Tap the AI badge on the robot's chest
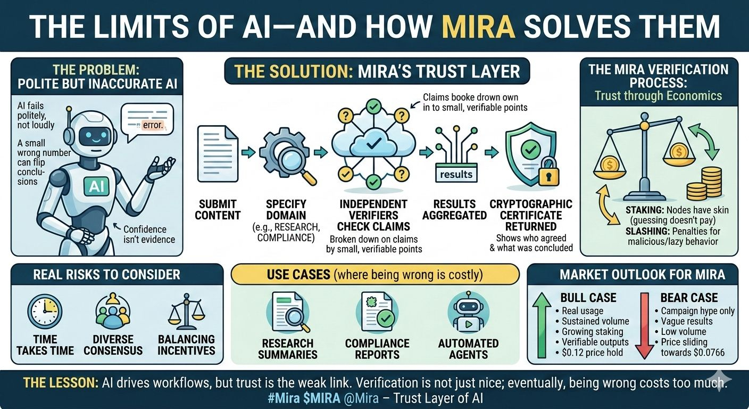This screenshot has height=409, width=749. click(x=96, y=186)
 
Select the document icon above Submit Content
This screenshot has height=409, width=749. click(x=218, y=154)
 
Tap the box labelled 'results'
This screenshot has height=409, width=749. click(x=456, y=174)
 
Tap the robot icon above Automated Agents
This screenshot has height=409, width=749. click(x=468, y=314)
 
